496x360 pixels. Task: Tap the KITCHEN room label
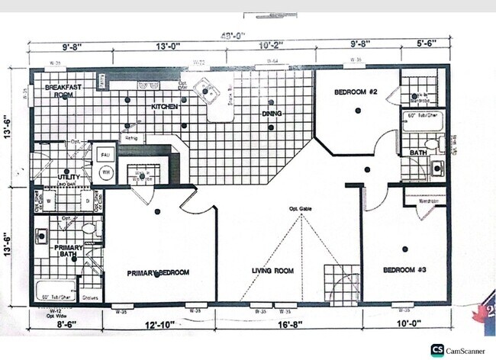point(164,108)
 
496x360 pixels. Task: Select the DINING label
point(272,114)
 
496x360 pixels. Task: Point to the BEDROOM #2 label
point(356,93)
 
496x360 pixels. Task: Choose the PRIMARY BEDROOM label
point(158,272)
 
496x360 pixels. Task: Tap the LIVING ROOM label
point(273,270)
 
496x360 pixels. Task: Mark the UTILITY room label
point(69,177)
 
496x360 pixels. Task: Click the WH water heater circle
point(105,172)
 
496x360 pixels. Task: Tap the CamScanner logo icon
point(437,350)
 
